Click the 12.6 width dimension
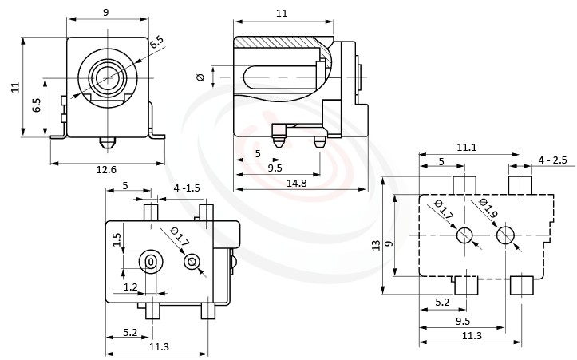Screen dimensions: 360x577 tap(106, 168)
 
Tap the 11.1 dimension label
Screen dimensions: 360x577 tap(468, 148)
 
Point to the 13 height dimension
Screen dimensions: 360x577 tap(376, 246)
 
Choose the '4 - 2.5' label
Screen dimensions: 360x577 tap(552, 160)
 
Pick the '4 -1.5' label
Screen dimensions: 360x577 tap(188, 188)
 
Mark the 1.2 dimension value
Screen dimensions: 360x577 tap(130, 286)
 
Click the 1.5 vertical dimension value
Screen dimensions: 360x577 tap(117, 239)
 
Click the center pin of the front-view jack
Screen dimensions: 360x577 tap(106, 77)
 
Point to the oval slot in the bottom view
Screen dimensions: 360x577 tap(150, 261)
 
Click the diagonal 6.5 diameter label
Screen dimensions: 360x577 tap(157, 42)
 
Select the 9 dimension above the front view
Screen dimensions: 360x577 tap(106, 12)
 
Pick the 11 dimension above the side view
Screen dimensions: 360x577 tap(282, 12)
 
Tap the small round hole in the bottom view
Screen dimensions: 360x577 tap(192, 262)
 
